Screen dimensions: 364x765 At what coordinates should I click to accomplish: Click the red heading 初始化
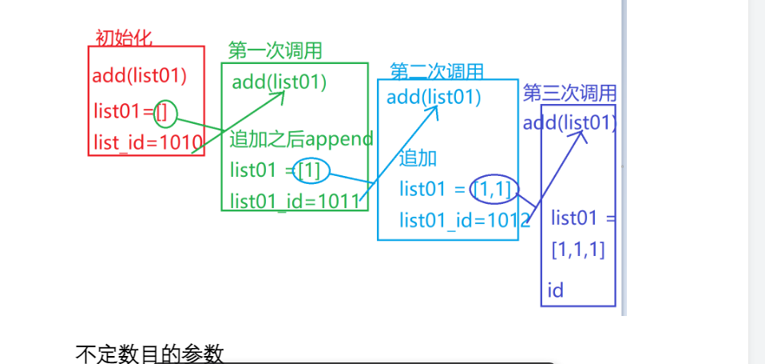123,37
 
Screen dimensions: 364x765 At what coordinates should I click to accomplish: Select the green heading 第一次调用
275,51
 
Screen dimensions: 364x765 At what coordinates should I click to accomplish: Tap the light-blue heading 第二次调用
437,71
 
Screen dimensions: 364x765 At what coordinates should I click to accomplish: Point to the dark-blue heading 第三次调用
569,94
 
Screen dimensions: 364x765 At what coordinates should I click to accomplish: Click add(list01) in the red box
139,77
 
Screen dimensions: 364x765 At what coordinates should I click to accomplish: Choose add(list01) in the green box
279,82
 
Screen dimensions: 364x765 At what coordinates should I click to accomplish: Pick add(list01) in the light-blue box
434,98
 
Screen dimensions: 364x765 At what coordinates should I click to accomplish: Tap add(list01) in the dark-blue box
569,123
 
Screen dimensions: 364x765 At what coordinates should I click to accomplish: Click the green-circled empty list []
162,113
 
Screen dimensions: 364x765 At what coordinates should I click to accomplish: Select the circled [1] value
310,170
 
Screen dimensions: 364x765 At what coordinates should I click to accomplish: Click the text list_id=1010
148,142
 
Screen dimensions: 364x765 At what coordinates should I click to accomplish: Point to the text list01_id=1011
295,201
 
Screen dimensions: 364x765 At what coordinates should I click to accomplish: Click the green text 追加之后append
301,139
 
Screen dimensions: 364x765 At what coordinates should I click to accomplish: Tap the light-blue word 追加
418,158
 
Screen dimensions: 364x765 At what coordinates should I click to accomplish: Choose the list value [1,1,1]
578,250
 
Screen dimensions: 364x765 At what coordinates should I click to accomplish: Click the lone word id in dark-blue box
556,290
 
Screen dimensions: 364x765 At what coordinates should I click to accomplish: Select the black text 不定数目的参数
149,354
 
